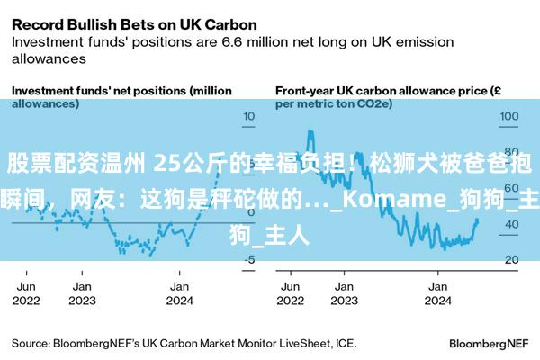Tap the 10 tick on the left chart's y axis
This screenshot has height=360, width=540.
click(x=249, y=117)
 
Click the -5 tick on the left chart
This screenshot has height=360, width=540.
click(x=249, y=259)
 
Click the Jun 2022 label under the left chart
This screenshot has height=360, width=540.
click(x=27, y=293)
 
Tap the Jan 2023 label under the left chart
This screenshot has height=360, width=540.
click(x=82, y=293)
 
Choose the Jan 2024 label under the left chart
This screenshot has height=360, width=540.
click(x=180, y=293)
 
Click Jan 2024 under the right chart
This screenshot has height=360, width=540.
click(x=437, y=293)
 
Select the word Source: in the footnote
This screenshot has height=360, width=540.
click(x=31, y=343)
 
